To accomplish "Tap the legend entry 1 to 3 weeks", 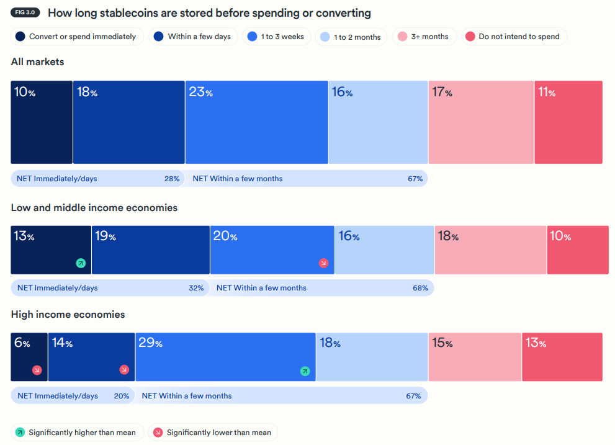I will pyautogui.click(x=276, y=37).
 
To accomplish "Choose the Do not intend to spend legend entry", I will pyautogui.click(x=512, y=37).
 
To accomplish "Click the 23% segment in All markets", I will pyautogui.click(x=256, y=122).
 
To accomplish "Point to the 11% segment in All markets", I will pyautogui.click(x=568, y=122).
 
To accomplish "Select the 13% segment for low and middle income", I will pyautogui.click(x=51, y=250).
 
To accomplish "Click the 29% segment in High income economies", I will pyautogui.click(x=225, y=357).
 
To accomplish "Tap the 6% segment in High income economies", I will pyautogui.click(x=29, y=357).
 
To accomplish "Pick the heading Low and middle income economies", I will pyautogui.click(x=94, y=208).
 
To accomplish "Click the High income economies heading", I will pyautogui.click(x=68, y=315).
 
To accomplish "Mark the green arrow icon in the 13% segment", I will pyautogui.click(x=81, y=263).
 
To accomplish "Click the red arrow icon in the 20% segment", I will pyautogui.click(x=323, y=263).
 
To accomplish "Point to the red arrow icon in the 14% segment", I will pyautogui.click(x=124, y=370).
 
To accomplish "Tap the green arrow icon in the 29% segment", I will pyautogui.click(x=305, y=371).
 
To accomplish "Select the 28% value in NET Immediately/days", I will pyautogui.click(x=172, y=179).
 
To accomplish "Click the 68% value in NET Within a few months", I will pyautogui.click(x=420, y=288).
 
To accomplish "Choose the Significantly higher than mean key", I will pyautogui.click(x=78, y=433).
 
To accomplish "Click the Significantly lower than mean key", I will pyautogui.click(x=212, y=433).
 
